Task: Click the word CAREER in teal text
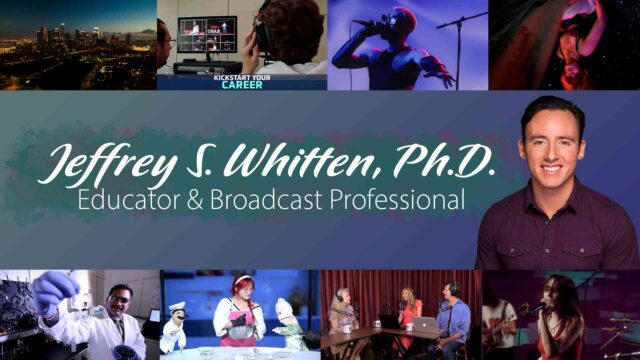click(x=242, y=85)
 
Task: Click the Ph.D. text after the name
click(x=444, y=161)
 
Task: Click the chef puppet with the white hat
click(x=174, y=327)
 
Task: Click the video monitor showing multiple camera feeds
click(x=207, y=35)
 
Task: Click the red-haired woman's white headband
click(x=242, y=280)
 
